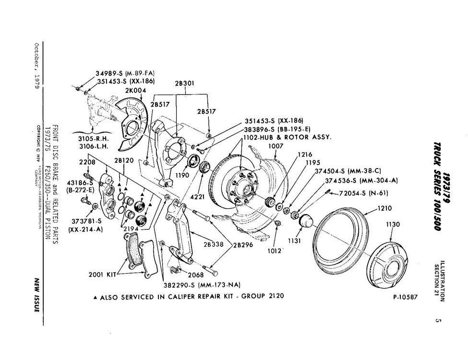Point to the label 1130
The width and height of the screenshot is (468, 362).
393,224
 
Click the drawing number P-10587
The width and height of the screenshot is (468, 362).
405,297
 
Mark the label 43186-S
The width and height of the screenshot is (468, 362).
80,183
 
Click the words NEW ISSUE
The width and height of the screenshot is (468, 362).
36,294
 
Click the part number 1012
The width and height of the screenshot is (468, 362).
274,250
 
